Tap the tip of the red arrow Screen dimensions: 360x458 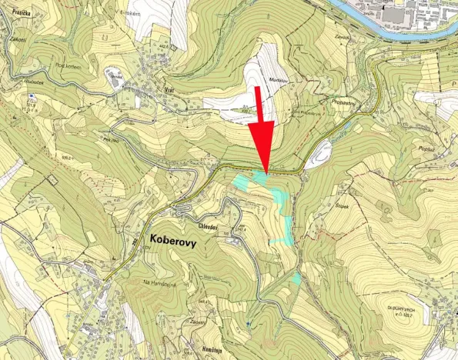click(266, 173)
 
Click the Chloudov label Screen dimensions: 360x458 click(210, 217)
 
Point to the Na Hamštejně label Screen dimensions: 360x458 click(159, 285)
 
